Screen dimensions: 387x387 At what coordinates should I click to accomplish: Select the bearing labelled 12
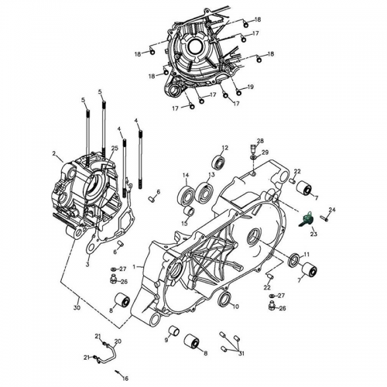coord(219,163)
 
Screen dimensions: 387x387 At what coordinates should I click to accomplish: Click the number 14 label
coord(186,176)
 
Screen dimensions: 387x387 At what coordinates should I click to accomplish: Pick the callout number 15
coord(184,223)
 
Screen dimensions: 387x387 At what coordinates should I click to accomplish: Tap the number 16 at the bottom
coord(126,378)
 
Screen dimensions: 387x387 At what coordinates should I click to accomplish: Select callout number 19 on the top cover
coord(251,86)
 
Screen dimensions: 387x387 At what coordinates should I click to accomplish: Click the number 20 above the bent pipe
coord(118,341)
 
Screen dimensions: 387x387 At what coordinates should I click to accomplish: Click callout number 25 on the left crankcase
coord(114,148)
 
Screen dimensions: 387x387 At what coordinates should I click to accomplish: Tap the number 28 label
coord(260,140)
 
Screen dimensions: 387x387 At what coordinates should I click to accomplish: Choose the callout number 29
coord(265,152)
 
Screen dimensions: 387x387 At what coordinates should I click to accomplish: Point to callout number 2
coord(53,153)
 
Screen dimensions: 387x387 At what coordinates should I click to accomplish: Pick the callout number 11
coord(307,255)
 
